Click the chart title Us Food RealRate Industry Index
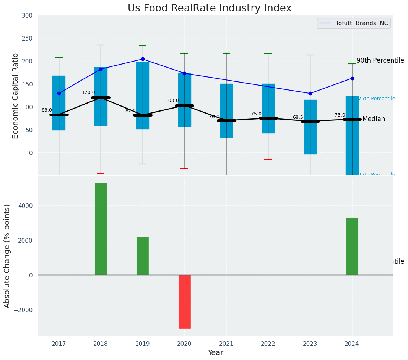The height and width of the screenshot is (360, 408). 210,8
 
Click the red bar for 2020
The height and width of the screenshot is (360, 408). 185,302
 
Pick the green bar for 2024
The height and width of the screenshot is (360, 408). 352,246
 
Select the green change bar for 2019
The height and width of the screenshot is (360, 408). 143,256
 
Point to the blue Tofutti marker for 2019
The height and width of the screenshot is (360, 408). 143,59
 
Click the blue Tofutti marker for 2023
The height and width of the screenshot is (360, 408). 310,93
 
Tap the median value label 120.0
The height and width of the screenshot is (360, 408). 88,93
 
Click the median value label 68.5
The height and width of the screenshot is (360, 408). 298,118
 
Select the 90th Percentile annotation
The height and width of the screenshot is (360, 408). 380,61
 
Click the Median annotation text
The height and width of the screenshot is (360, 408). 374,119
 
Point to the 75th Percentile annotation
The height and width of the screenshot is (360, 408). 377,99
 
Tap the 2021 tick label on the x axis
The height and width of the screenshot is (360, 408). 226,344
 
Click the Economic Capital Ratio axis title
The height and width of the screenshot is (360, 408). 16,96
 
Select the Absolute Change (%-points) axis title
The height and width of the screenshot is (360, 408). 7,256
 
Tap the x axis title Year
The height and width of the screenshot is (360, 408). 215,353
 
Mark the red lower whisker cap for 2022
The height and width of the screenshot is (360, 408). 268,159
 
